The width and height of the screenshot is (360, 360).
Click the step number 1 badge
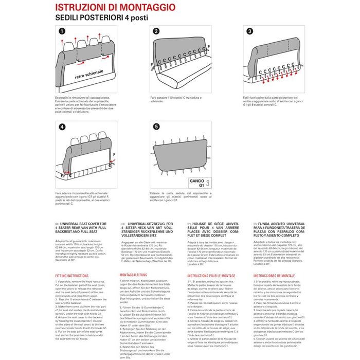point(62,31)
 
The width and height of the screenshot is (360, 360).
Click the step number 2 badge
point(156,31)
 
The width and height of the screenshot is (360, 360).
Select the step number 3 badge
point(250,31)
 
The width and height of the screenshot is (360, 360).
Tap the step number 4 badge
point(62,125)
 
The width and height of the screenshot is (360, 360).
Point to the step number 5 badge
point(156,125)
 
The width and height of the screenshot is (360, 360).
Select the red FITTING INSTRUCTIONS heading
point(72,276)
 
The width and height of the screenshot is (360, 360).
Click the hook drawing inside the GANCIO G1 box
point(208,183)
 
